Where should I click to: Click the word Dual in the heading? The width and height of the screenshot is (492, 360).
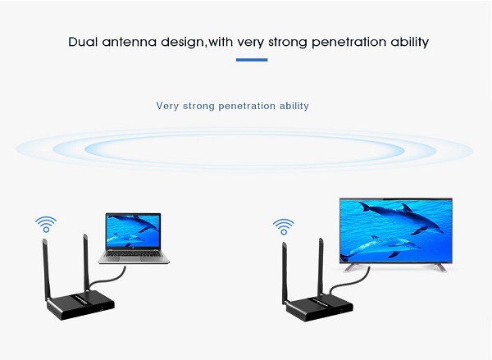[x=83, y=42]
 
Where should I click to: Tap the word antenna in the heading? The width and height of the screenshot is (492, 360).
[x=129, y=42]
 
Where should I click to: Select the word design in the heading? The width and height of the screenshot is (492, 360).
[x=182, y=43]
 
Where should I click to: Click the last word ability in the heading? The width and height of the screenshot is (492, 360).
[x=410, y=43]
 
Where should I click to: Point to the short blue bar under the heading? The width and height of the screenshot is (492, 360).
[x=252, y=60]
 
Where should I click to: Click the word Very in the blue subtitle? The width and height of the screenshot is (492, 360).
[x=167, y=106]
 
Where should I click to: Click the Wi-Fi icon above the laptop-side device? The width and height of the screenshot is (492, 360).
[x=46, y=224]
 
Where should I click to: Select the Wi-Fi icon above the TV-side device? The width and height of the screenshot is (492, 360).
[x=284, y=226]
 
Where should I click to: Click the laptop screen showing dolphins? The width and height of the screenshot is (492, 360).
[x=133, y=231]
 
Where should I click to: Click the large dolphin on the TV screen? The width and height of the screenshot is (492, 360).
[x=403, y=218]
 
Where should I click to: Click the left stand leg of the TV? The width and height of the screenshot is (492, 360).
[x=351, y=267]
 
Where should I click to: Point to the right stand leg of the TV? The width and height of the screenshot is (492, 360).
[x=440, y=267]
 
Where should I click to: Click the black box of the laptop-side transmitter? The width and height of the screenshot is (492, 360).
[x=80, y=305]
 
